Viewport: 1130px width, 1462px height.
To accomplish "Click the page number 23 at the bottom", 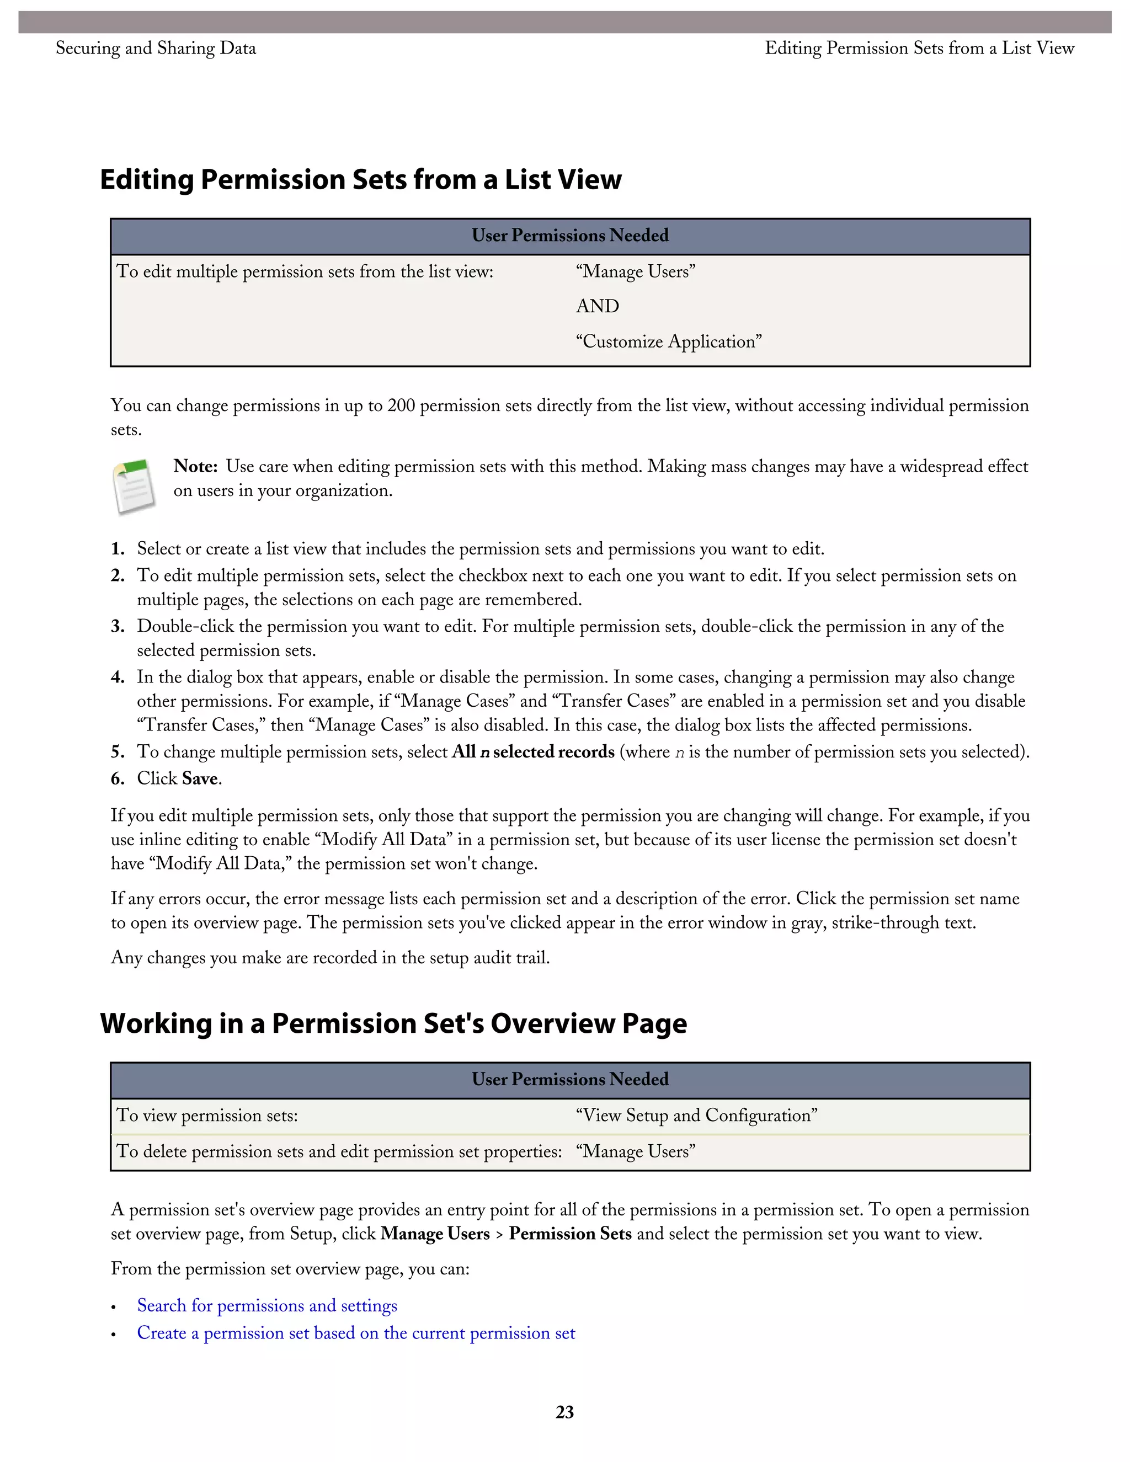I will [x=564, y=1412].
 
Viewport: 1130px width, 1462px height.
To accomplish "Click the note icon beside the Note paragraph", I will [x=135, y=487].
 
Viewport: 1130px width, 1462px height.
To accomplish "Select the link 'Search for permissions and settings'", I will [x=267, y=1305].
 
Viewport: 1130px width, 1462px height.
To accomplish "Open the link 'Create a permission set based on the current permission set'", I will [x=356, y=1333].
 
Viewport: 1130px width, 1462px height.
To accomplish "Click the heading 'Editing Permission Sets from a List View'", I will [x=361, y=179].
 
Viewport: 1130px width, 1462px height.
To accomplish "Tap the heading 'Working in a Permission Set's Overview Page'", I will [x=393, y=1023].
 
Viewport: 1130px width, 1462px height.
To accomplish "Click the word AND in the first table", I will [x=597, y=306].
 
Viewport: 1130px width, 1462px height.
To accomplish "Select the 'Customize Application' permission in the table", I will [x=669, y=342].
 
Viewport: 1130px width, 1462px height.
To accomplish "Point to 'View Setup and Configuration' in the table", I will [x=696, y=1115].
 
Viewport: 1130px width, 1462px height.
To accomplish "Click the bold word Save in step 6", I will [x=200, y=778].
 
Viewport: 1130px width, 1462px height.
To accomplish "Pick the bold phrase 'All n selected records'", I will [x=533, y=752].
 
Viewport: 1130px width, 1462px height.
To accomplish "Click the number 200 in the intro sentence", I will [x=401, y=405].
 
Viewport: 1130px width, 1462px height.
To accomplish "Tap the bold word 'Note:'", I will [x=195, y=467].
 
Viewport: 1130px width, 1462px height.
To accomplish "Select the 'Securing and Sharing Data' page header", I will [x=156, y=48].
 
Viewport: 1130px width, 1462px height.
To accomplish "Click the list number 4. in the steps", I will [x=118, y=677].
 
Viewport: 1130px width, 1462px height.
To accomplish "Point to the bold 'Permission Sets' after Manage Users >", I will [x=571, y=1234].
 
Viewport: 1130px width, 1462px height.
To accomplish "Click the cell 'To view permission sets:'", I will [x=207, y=1115].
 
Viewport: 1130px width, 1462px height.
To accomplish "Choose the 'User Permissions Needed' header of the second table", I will [x=571, y=1079].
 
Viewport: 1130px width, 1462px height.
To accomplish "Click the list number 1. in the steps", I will [x=118, y=549].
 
